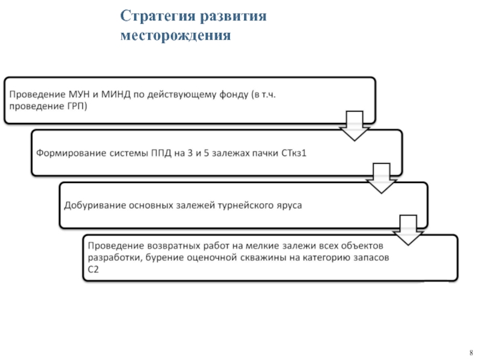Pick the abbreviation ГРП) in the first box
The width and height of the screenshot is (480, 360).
(x=75, y=107)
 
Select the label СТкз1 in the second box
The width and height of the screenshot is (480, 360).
(x=294, y=152)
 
